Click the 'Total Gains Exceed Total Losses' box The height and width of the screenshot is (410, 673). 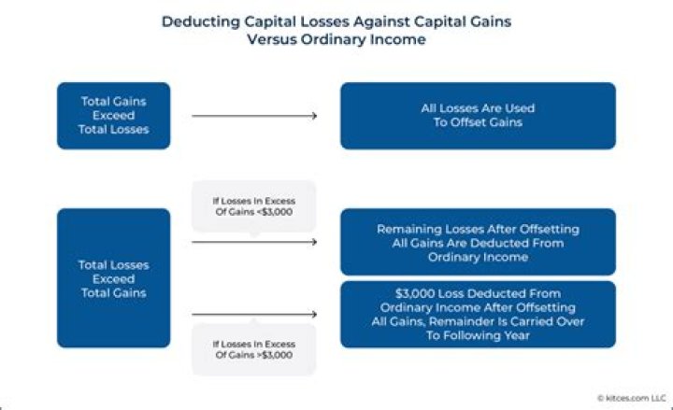click(113, 115)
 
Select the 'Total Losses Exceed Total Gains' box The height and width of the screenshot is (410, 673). click(113, 278)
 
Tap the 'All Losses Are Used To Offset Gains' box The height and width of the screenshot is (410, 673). click(477, 115)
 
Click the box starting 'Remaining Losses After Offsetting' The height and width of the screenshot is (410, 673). click(477, 242)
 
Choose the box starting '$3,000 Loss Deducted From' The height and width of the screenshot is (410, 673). click(477, 314)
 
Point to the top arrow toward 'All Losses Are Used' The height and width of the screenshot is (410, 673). click(253, 116)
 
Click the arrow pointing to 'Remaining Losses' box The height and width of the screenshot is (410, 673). click(253, 242)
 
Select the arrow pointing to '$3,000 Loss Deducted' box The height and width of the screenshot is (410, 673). click(253, 315)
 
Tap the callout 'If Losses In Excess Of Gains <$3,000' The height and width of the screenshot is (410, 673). click(253, 205)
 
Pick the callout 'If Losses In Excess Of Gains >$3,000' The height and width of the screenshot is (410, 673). click(253, 348)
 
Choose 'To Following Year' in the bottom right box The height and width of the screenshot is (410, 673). click(478, 334)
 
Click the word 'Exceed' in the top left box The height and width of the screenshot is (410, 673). click(113, 115)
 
